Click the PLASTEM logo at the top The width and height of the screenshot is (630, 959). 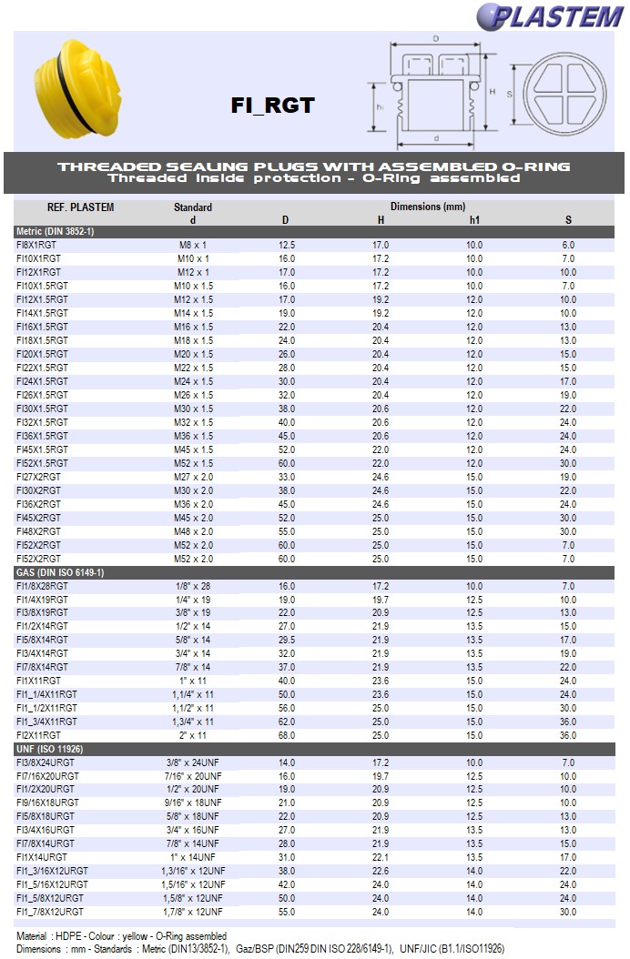546,15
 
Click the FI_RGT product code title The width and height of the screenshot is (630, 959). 272,106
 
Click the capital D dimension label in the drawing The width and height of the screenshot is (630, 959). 437,39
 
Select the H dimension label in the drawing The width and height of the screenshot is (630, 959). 492,92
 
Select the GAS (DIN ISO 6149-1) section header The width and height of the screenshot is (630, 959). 60,572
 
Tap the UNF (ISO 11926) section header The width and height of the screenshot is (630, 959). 50,749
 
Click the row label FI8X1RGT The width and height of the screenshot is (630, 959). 38,245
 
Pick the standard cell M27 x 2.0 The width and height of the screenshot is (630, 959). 193,477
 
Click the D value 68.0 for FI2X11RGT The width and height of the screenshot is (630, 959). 287,735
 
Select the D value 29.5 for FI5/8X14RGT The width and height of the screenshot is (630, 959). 287,640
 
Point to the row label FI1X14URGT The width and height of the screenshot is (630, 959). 42,857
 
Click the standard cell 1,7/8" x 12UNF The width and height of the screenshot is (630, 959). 193,912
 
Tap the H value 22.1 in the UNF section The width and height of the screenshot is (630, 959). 381,857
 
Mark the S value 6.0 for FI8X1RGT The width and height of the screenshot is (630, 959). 568,245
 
